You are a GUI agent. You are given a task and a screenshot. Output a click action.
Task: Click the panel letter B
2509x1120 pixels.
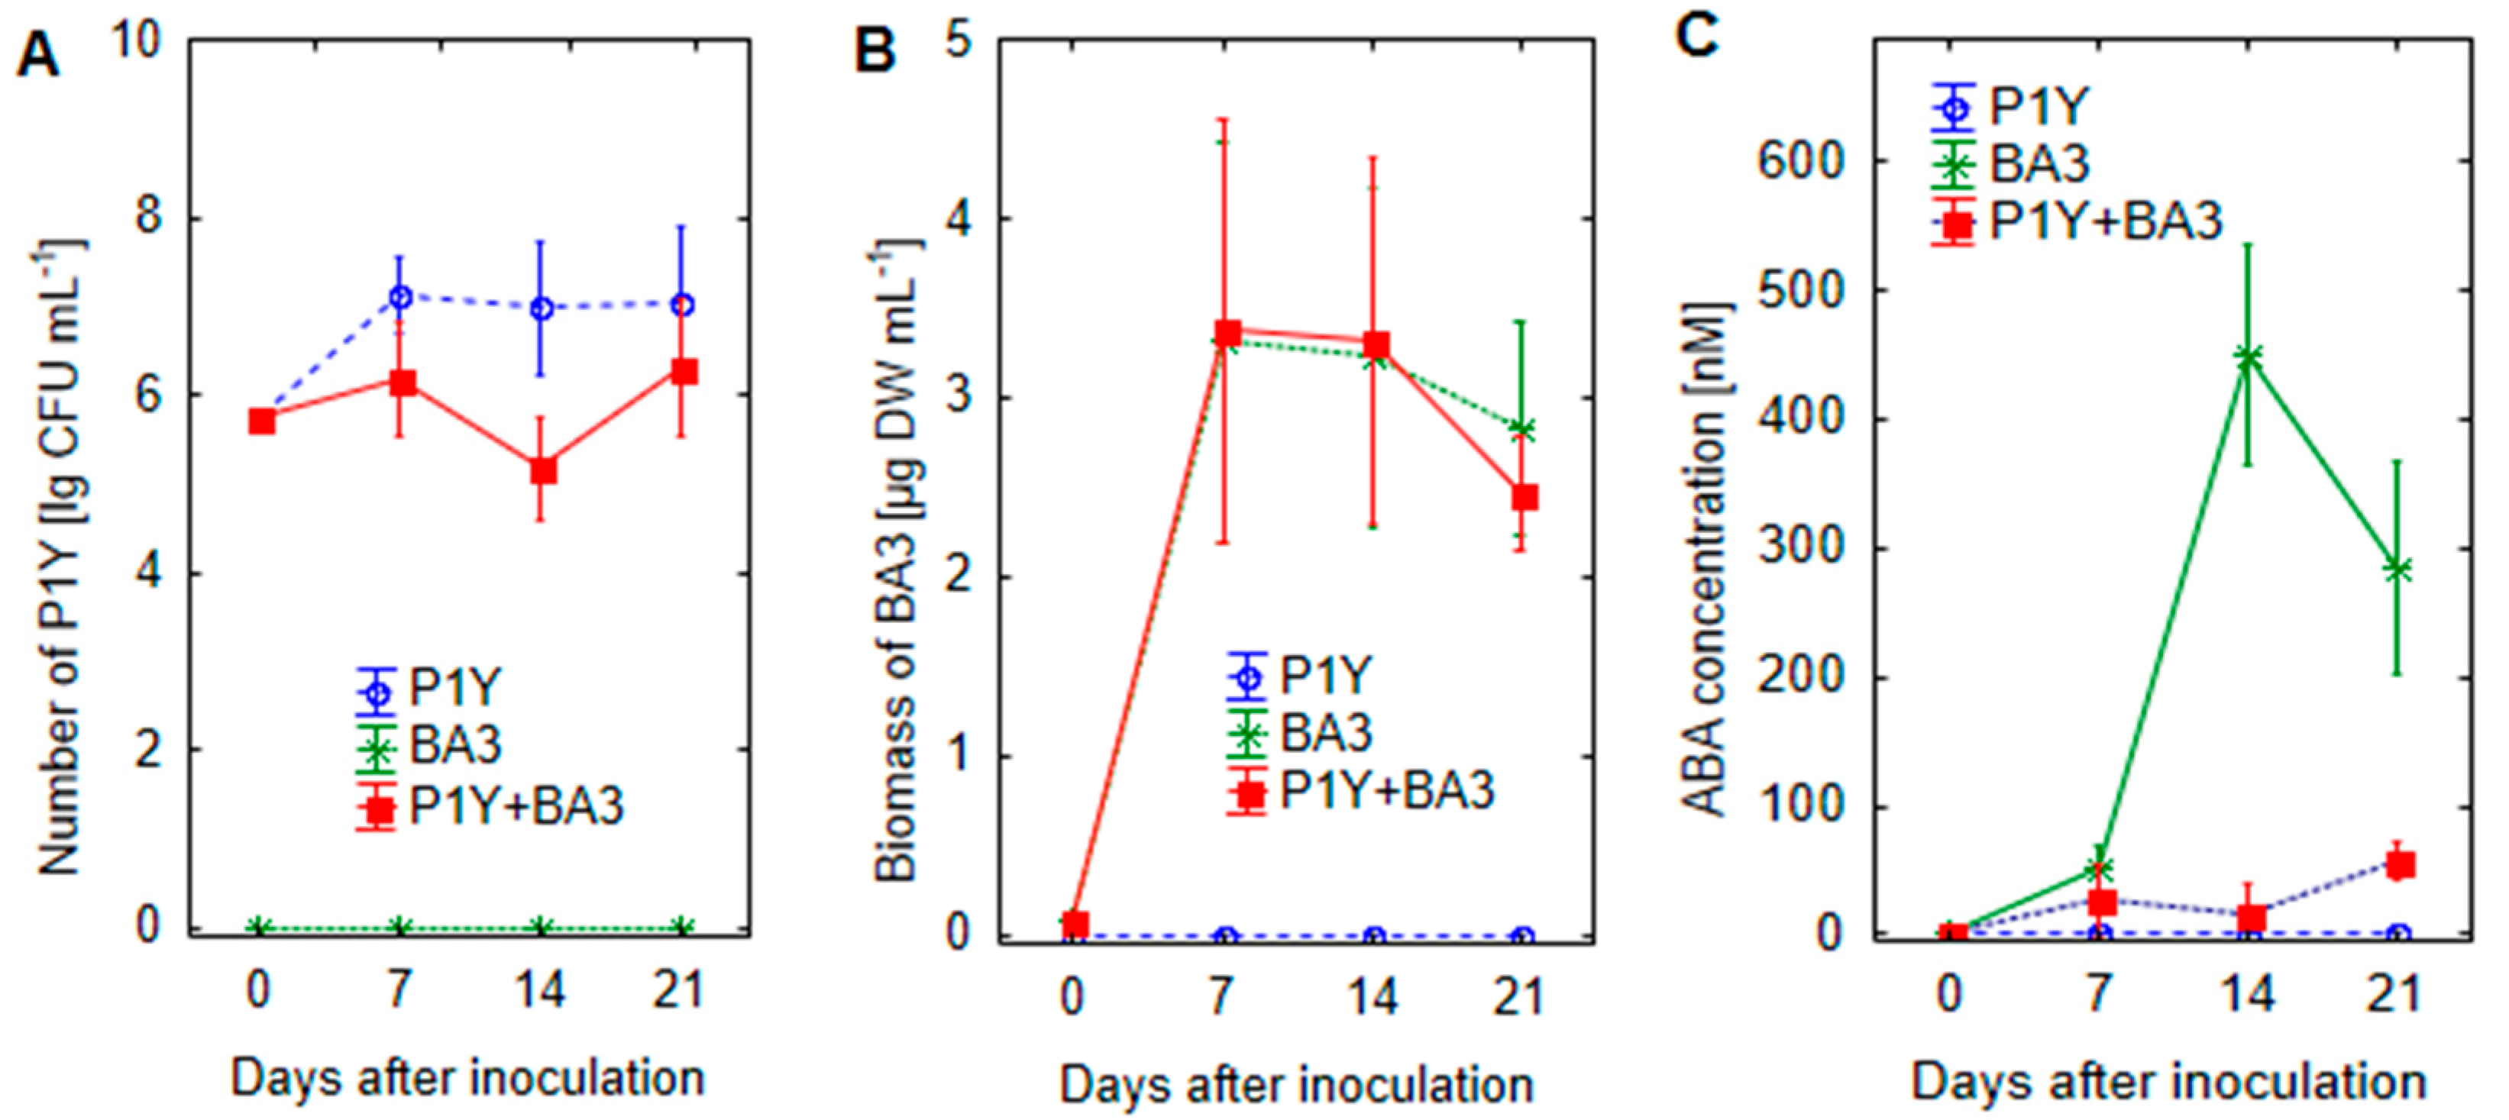point(874,50)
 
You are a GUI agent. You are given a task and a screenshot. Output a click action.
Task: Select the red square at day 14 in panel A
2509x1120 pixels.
point(542,470)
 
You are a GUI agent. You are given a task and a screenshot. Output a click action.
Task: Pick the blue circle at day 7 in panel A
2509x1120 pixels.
point(400,296)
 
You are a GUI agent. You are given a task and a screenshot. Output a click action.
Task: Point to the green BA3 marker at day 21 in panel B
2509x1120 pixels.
point(1523,428)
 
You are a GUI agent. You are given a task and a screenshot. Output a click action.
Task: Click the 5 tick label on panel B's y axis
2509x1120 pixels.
point(960,42)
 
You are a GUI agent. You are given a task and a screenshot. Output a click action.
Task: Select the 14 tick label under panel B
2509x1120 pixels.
point(1373,996)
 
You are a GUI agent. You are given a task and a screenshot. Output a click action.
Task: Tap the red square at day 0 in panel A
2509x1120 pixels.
point(261,421)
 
